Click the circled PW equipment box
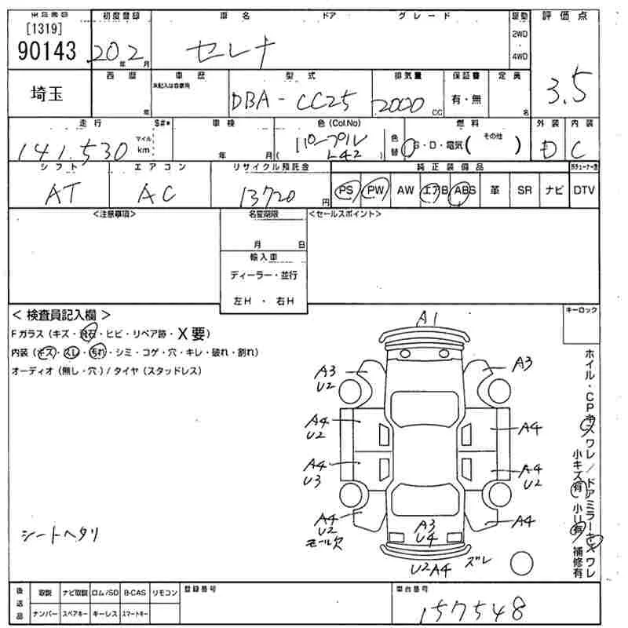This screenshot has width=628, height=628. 377,191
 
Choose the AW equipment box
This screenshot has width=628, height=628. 405,191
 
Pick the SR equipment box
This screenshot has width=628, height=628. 524,191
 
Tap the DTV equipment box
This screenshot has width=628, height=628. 583,191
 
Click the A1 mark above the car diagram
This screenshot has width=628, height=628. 428,318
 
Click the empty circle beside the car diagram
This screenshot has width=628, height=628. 521,563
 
